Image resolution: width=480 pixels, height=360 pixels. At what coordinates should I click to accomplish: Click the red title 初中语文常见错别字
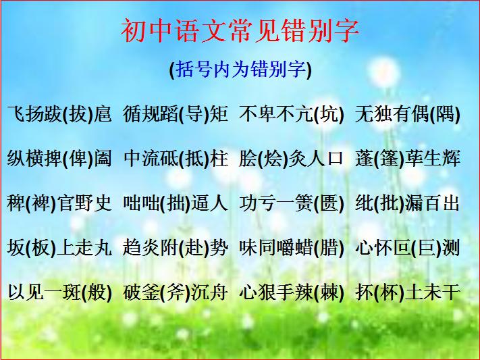[x=240, y=30]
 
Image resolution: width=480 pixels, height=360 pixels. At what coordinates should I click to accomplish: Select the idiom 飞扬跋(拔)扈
[x=59, y=114]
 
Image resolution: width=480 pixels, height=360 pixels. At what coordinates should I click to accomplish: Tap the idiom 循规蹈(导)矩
[x=176, y=114]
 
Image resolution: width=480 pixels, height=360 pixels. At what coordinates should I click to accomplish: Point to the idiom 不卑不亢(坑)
[x=292, y=114]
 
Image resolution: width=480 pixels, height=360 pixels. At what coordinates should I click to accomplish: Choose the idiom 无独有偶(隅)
[x=408, y=114]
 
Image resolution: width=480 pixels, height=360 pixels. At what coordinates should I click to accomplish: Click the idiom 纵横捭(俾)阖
[x=59, y=159]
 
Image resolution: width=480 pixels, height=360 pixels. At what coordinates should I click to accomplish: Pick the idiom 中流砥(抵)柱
[x=176, y=159]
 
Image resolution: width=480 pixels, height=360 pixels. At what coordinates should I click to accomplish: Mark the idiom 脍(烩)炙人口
[x=292, y=159]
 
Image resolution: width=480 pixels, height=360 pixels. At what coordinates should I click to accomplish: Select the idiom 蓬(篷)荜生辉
[x=408, y=159]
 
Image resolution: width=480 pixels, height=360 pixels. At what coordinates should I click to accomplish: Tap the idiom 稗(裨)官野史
[x=59, y=203]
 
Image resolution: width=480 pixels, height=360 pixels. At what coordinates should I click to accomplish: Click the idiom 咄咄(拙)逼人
[x=176, y=203]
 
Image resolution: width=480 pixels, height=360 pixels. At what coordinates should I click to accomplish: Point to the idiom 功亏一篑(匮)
[x=292, y=203]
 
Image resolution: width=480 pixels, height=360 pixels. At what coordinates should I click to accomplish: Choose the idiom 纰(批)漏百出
[x=408, y=203]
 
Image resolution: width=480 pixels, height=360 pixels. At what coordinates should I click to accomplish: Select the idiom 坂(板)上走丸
[x=59, y=248]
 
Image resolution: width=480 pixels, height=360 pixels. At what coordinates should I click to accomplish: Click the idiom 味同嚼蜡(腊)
[x=292, y=248]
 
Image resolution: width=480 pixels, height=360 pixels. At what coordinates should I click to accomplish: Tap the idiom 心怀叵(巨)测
[x=408, y=248]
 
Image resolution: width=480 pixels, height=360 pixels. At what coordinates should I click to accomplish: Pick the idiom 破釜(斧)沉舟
[x=176, y=292]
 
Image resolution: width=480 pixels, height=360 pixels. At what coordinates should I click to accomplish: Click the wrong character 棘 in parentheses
[x=329, y=292]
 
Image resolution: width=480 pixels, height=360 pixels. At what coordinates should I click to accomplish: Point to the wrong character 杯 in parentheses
[x=388, y=292]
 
